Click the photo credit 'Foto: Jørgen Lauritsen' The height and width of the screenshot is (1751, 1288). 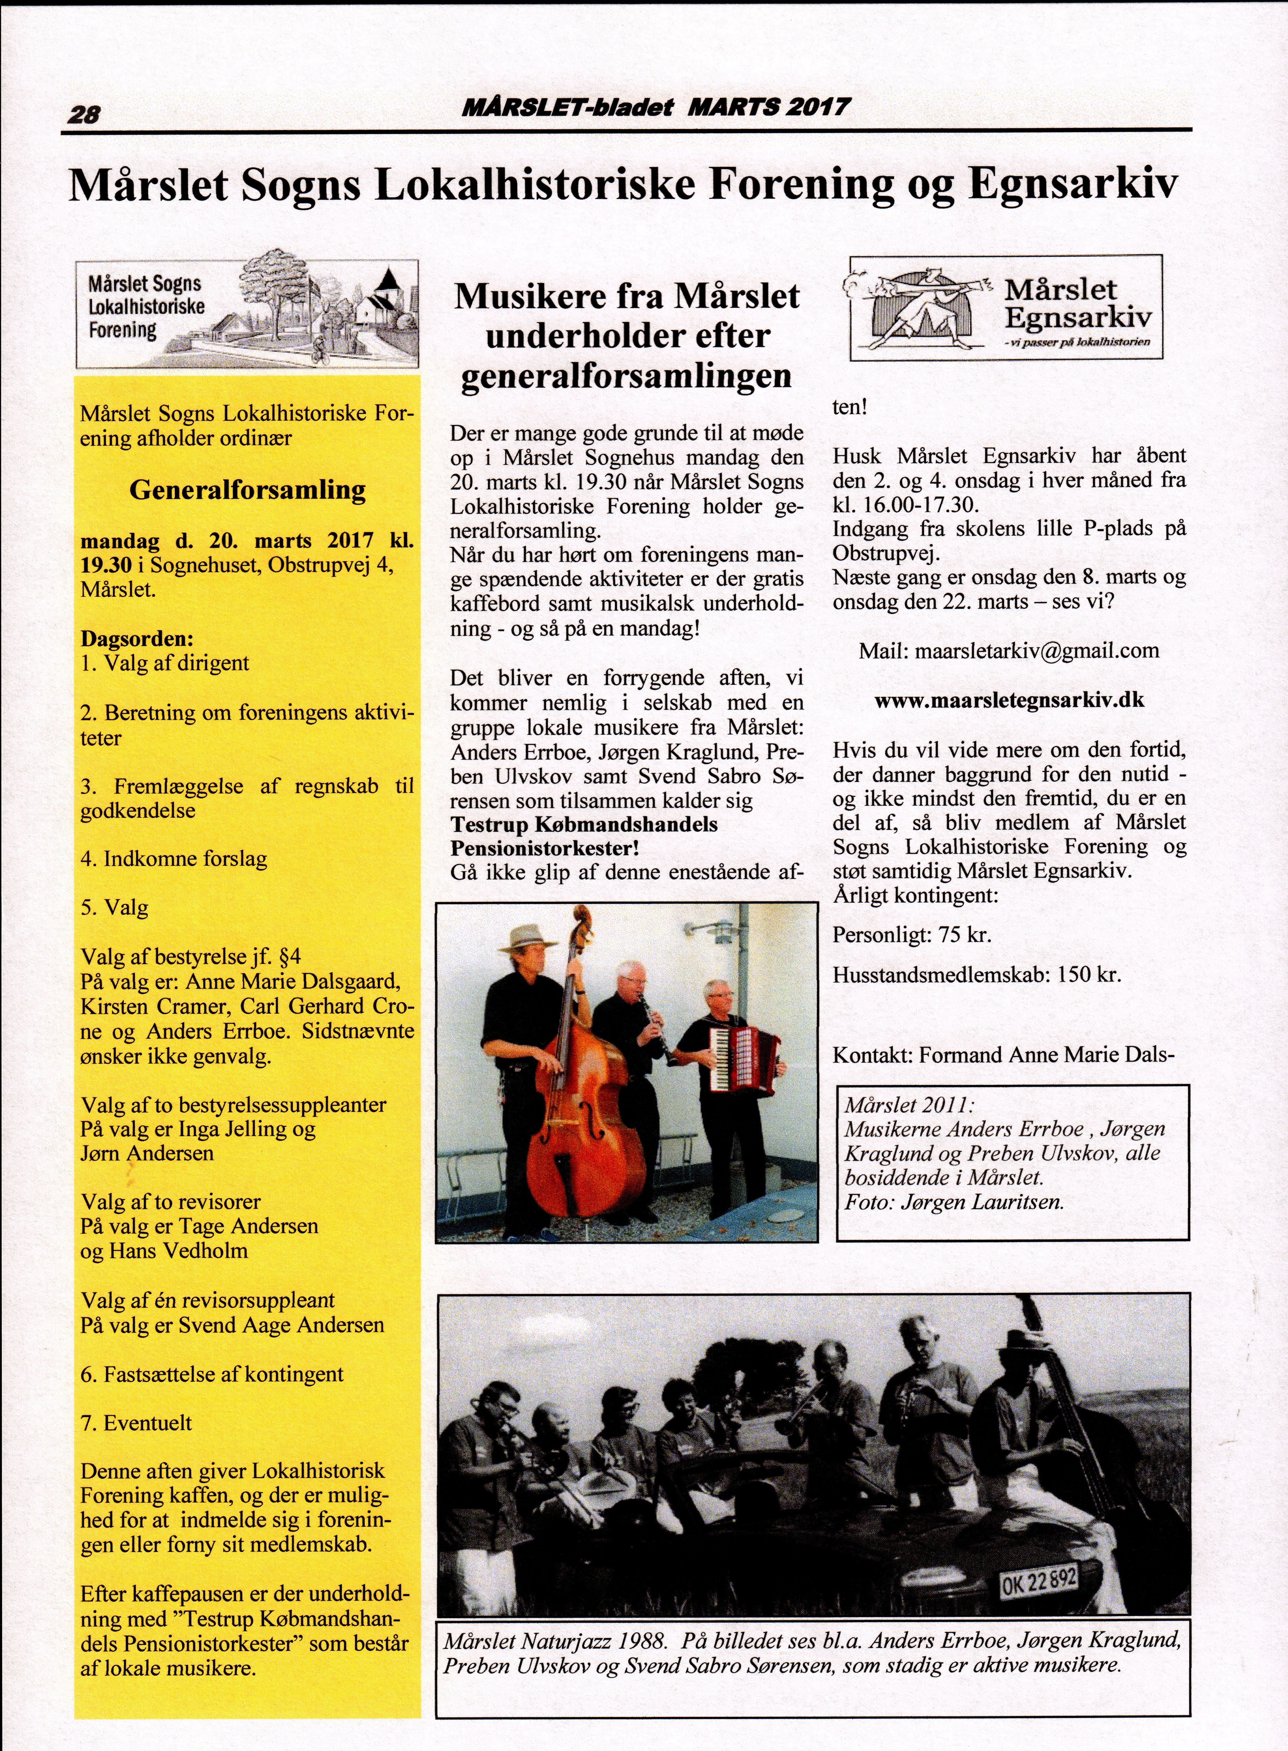click(954, 1202)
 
